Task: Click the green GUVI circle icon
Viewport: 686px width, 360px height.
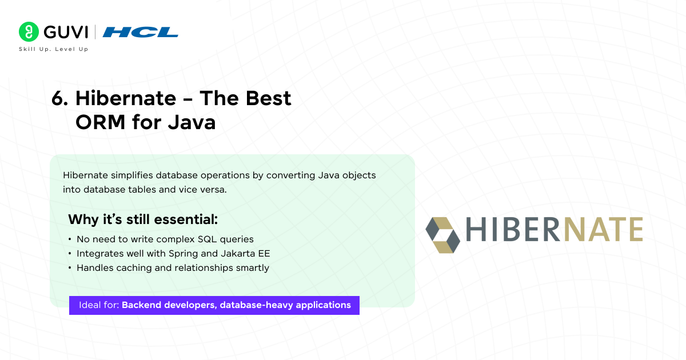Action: pos(29,31)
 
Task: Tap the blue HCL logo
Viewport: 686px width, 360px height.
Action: pos(141,32)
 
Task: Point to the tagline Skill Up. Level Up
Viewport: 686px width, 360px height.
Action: pos(54,49)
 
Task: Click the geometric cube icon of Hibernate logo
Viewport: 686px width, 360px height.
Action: pos(442,235)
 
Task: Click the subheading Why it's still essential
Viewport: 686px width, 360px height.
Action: pos(143,219)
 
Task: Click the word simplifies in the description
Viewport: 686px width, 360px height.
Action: pos(129,175)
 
